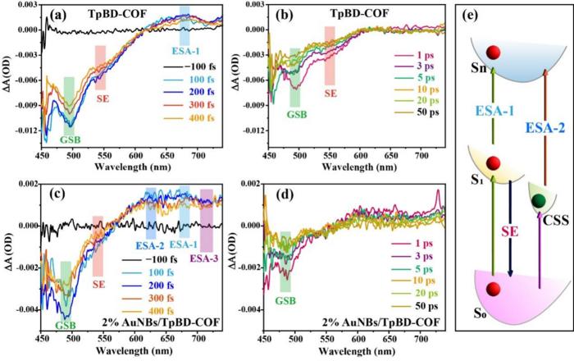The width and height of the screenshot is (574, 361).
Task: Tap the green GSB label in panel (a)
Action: tap(69, 140)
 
